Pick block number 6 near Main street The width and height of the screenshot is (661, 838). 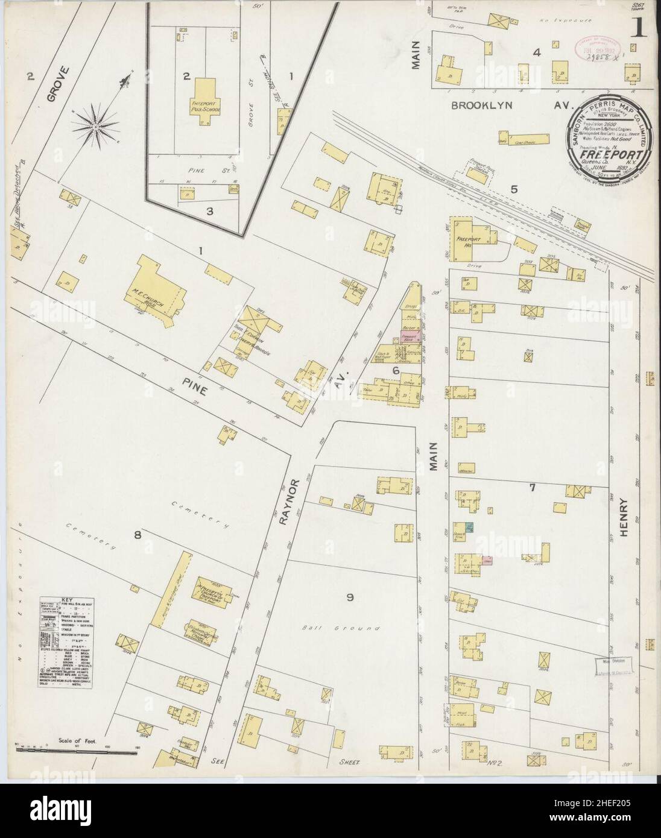[x=396, y=371]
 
